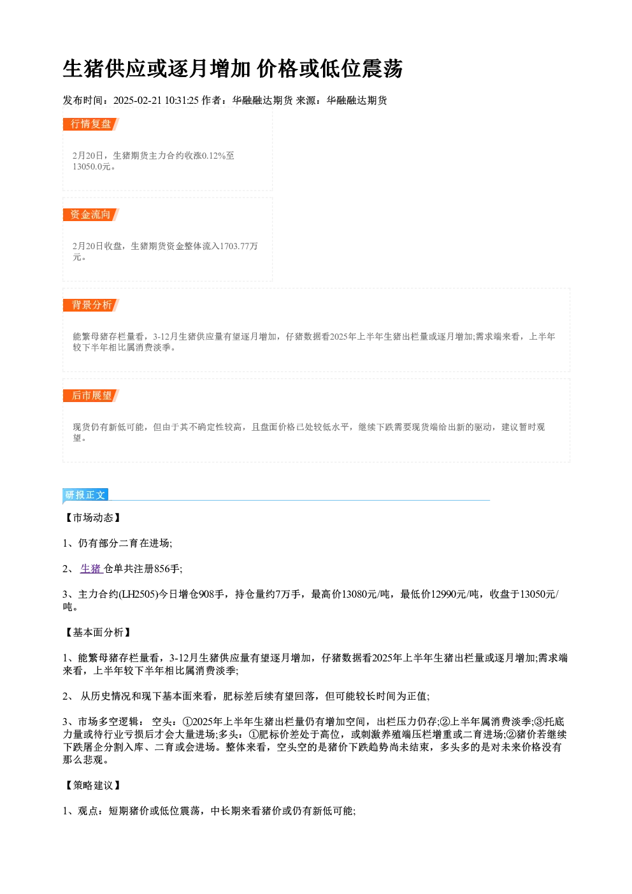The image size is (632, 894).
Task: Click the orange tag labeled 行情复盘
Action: pyautogui.click(x=91, y=124)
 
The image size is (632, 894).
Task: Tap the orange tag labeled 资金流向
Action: pyautogui.click(x=91, y=215)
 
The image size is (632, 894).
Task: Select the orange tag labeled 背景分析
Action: pyautogui.click(x=91, y=305)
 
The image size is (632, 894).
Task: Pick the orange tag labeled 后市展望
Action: pyautogui.click(x=91, y=396)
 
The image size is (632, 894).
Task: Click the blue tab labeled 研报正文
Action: pyautogui.click(x=85, y=495)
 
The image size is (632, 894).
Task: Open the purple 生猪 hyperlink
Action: pyautogui.click(x=91, y=569)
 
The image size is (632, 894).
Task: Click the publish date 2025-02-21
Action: pyautogui.click(x=137, y=101)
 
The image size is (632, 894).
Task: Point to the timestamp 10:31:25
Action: pyautogui.click(x=182, y=101)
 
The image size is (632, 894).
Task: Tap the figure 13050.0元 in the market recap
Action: pyautogui.click(x=91, y=167)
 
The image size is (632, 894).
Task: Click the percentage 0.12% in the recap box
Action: pyautogui.click(x=214, y=155)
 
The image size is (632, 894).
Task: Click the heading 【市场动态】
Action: pyautogui.click(x=92, y=518)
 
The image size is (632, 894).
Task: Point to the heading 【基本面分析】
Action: pyautogui.click(x=97, y=633)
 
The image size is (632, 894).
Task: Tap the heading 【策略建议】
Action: pyautogui.click(x=92, y=786)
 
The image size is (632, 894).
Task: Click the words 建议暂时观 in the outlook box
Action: pyautogui.click(x=523, y=428)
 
